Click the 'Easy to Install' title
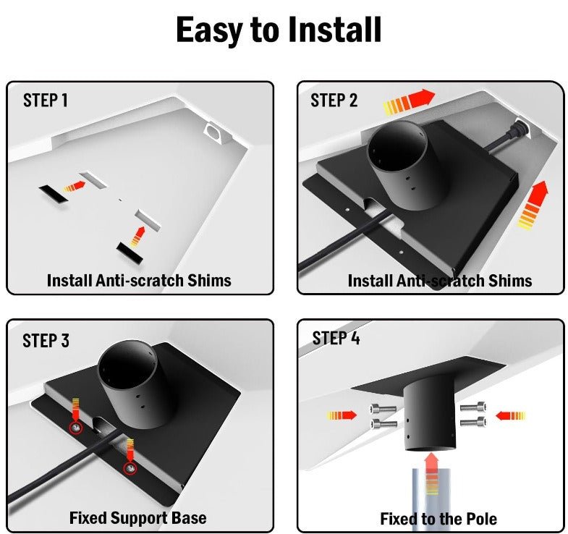click(x=278, y=30)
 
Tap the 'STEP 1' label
click(x=46, y=100)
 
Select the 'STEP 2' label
click(x=334, y=100)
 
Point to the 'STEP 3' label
click(x=46, y=341)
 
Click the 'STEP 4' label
click(x=336, y=338)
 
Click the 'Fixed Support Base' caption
click(x=138, y=517)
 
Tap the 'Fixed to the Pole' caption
click(x=438, y=519)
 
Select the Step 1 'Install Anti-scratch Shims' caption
click(x=139, y=281)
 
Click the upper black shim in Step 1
click(x=53, y=194)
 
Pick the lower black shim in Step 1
click(x=130, y=252)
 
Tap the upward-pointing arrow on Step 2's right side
click(x=532, y=205)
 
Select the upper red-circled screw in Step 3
click(x=76, y=428)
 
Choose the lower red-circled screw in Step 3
click(x=130, y=468)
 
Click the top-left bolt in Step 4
click(x=383, y=409)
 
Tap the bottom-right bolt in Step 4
click(x=473, y=422)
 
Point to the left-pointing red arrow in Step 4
click(x=510, y=415)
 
